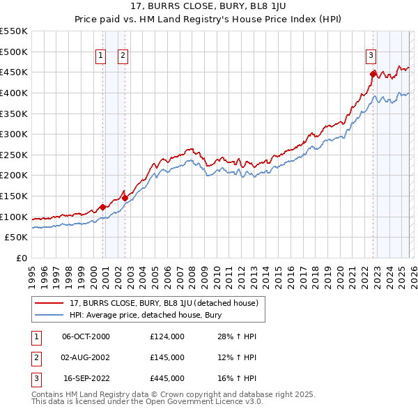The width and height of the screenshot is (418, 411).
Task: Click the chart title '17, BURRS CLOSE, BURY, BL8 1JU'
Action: [x=209, y=8]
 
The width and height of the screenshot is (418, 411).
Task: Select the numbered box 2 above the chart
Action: [x=123, y=56]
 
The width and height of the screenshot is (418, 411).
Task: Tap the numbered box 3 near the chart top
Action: [x=372, y=56]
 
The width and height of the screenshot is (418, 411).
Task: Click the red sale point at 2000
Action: [x=102, y=207]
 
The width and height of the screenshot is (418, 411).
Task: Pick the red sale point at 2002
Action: [x=125, y=198]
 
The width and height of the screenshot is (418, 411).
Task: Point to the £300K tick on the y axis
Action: [x=14, y=134]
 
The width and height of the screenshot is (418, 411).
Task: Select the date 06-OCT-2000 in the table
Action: [x=86, y=336]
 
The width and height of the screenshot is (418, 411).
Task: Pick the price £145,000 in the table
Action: [x=167, y=357]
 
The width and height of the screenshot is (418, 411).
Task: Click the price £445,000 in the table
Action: [x=167, y=378]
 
